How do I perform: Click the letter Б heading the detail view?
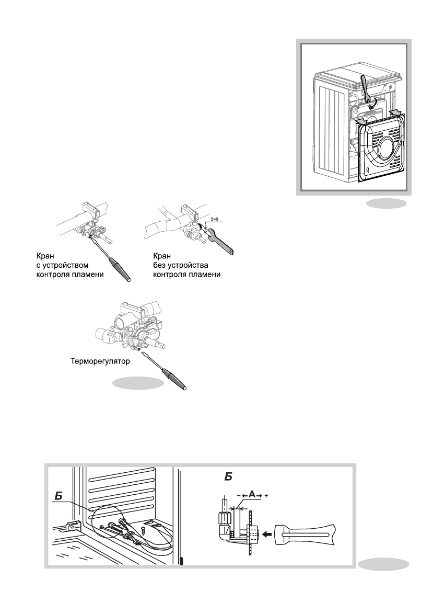coord(228,476)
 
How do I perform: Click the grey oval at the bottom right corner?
coord(384,563)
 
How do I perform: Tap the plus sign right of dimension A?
coord(267,495)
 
